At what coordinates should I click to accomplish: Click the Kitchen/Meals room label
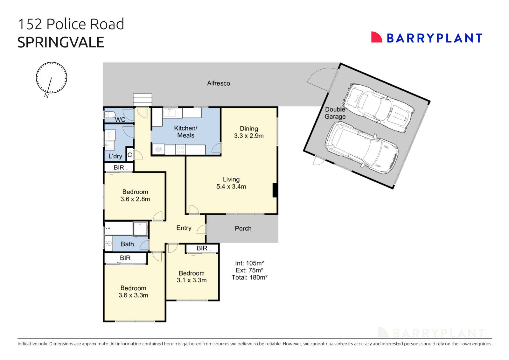pyautogui.click(x=185, y=131)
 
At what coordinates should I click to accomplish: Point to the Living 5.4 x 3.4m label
pyautogui.click(x=231, y=183)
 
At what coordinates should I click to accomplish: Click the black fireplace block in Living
pyautogui.click(x=275, y=190)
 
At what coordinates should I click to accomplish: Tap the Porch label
pyautogui.click(x=243, y=229)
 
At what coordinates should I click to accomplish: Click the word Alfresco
pyautogui.click(x=219, y=83)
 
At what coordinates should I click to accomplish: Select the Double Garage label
pyautogui.click(x=335, y=113)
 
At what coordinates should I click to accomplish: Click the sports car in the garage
pyautogui.click(x=379, y=108)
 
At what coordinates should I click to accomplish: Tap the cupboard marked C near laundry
pyautogui.click(x=129, y=155)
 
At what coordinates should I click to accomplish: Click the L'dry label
pyautogui.click(x=115, y=156)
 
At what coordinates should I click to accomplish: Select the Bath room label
pyautogui.click(x=127, y=244)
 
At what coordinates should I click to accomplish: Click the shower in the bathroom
pyautogui.click(x=140, y=229)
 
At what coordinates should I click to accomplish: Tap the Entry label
pyautogui.click(x=184, y=228)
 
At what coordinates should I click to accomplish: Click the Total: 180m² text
pyautogui.click(x=249, y=277)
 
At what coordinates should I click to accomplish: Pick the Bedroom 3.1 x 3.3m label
pyautogui.click(x=192, y=277)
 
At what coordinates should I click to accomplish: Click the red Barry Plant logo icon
pyautogui.click(x=376, y=37)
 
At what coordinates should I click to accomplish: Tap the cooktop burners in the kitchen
pyautogui.click(x=180, y=150)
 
